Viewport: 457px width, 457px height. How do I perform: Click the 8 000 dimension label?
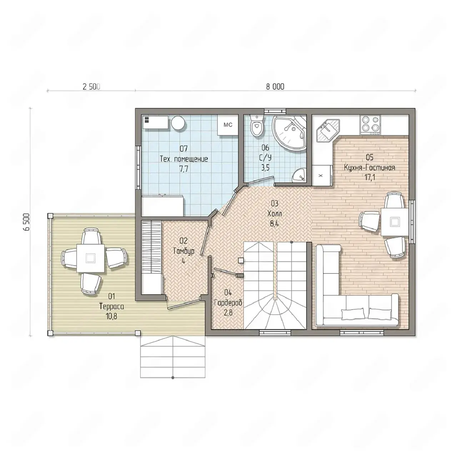(275, 87)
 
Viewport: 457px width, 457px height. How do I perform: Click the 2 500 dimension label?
(91, 87)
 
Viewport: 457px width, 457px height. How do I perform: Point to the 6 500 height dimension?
(27, 222)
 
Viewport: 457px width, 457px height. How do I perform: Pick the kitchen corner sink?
(328, 130)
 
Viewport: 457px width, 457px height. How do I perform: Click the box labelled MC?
(228, 125)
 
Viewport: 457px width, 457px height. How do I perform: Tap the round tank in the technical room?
(179, 123)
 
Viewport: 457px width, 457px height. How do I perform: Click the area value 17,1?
(370, 177)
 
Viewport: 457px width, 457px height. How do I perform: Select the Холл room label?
(275, 214)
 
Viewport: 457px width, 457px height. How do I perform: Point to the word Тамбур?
(184, 251)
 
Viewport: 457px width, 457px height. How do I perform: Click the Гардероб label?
(228, 303)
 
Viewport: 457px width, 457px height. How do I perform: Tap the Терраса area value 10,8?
(111, 316)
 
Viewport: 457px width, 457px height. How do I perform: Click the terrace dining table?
(90, 258)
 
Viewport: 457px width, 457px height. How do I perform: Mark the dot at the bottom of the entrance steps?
(173, 377)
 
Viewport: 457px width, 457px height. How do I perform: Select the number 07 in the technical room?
(184, 149)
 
